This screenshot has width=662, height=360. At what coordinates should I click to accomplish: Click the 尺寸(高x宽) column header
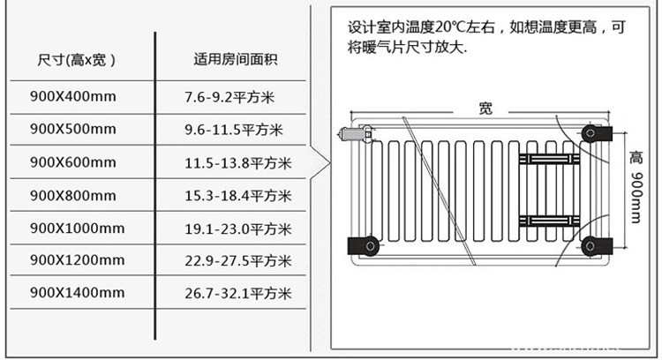coord(78,61)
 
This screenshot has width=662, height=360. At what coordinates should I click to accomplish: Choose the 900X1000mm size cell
coord(77,228)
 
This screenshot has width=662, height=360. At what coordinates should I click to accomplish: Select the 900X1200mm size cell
coord(77,260)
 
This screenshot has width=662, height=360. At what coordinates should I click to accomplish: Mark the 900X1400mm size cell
coord(77,292)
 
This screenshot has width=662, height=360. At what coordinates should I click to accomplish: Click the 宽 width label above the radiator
coord(485,109)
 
